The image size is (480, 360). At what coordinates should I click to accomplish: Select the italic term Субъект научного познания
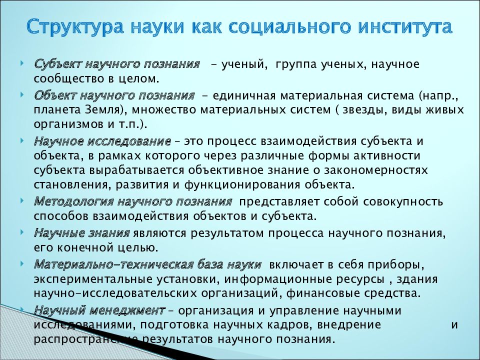click(x=117, y=65)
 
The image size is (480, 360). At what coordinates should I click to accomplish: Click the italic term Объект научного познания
click(x=114, y=95)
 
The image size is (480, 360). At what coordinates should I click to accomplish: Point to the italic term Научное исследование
click(x=103, y=141)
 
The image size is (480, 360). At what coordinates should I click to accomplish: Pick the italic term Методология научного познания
click(x=133, y=202)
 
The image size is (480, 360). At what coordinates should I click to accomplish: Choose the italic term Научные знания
click(x=82, y=232)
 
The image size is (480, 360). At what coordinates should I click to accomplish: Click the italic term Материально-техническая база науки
click(x=148, y=263)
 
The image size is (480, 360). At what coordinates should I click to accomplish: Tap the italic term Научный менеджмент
click(x=99, y=310)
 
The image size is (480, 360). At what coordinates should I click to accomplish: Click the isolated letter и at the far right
click(x=454, y=324)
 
